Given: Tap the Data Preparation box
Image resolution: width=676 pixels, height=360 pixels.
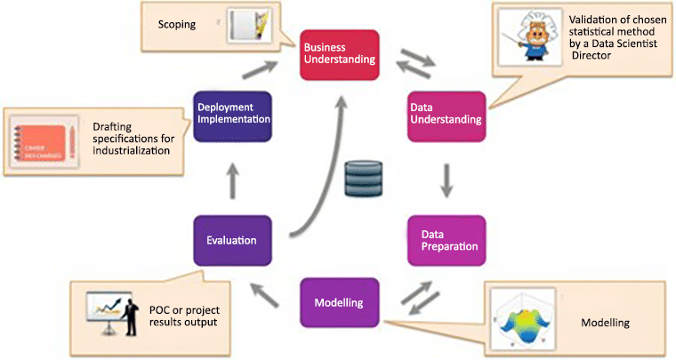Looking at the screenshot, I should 447,240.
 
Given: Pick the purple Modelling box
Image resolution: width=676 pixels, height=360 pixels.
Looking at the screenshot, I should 339,302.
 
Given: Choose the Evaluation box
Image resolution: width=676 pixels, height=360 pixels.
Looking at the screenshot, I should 230,240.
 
